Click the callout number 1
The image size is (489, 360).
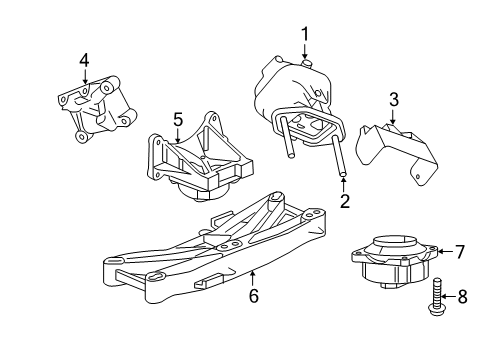tap(304, 34)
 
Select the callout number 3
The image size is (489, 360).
tap(394, 99)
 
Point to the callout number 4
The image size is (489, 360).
tap(84, 61)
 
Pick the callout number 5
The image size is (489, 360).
tap(177, 119)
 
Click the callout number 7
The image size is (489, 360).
tap(460, 252)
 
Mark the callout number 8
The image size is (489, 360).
tap(460, 296)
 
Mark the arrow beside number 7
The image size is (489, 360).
tap(444, 252)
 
